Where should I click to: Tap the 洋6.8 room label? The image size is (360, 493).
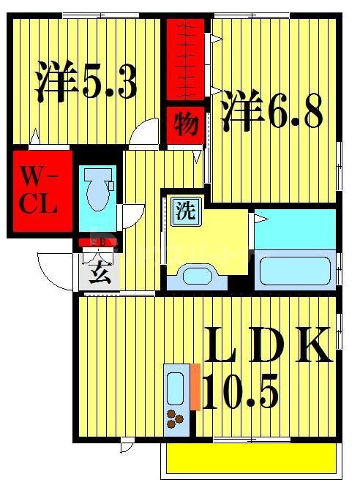click(271, 110)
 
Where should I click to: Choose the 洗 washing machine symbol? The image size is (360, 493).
click(185, 211)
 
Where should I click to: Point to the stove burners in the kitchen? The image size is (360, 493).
click(176, 419)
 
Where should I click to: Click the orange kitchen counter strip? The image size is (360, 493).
click(195, 386)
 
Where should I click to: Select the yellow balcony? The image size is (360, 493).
click(251, 458)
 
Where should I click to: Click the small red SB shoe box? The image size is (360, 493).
click(97, 243)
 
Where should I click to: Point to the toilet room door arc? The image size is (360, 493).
click(131, 217)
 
